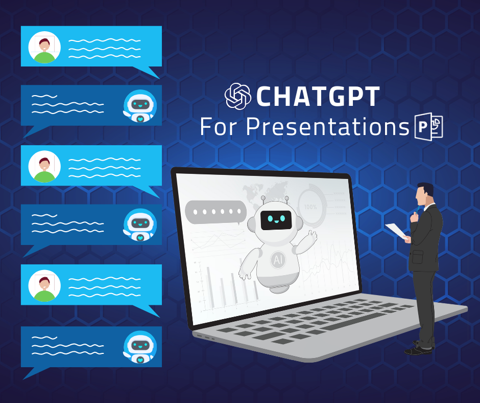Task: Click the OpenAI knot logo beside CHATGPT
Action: [x=238, y=96]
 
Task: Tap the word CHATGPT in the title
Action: [x=318, y=96]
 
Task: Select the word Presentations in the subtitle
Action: [x=327, y=127]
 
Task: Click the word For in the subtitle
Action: [x=219, y=126]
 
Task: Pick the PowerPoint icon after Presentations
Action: [x=429, y=127]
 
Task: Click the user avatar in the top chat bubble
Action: [x=44, y=47]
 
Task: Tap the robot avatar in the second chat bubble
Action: [x=140, y=106]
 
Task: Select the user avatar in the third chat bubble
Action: [x=44, y=167]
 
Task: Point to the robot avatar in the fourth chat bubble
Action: [x=140, y=225]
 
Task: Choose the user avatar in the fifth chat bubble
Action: [x=44, y=286]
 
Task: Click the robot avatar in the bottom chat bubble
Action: [x=140, y=347]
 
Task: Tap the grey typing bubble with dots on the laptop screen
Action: [x=216, y=212]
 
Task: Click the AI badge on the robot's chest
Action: [x=278, y=260]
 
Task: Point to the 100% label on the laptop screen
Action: [x=310, y=207]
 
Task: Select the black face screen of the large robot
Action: [x=275, y=220]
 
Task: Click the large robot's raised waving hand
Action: [x=312, y=236]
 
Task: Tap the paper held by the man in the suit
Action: [x=396, y=231]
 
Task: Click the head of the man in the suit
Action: [x=424, y=194]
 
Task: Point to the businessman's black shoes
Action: [x=419, y=347]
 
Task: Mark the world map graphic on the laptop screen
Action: [x=265, y=191]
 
